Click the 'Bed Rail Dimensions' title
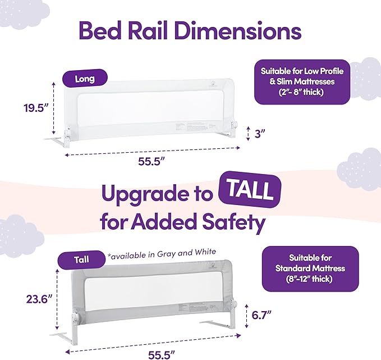point(190,30)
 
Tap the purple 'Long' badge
point(85,79)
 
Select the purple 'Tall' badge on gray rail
point(81,260)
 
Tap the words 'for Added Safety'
point(182,223)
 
